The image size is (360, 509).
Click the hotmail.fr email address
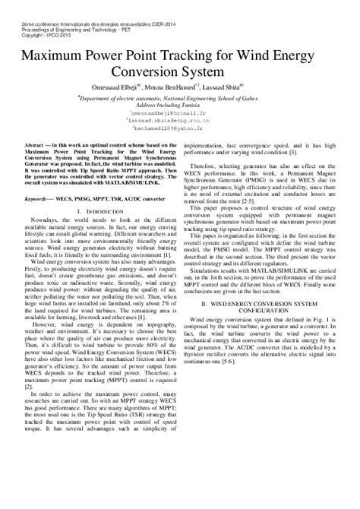(176, 111)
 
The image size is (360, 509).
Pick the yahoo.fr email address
(181, 129)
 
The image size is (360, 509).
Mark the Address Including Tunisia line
(179, 102)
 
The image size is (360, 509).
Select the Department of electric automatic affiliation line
(180, 94)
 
